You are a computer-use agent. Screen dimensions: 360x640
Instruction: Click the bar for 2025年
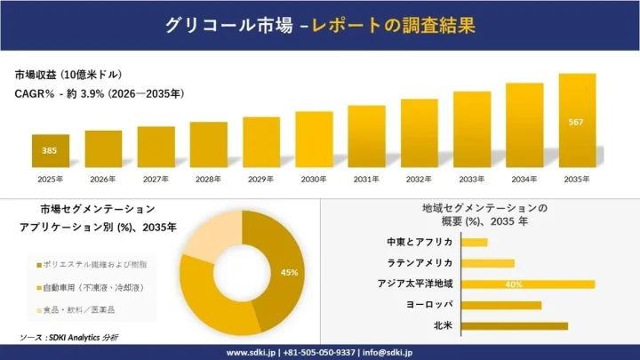pos(51,150)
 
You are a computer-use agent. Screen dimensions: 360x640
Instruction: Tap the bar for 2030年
pos(313,139)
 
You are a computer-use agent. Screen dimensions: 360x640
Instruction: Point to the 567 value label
pos(576,122)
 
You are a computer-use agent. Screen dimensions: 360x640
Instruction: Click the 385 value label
pos(51,151)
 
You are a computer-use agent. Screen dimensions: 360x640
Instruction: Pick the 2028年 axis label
pos(208,179)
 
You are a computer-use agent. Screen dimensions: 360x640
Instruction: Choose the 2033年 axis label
pos(471,179)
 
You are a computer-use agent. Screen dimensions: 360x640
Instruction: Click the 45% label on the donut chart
pos(289,272)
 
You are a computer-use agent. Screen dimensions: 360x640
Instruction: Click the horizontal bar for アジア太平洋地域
pos(529,284)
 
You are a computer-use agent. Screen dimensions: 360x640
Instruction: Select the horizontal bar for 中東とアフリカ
pos(475,243)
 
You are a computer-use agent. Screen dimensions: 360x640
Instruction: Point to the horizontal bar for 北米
pos(515,326)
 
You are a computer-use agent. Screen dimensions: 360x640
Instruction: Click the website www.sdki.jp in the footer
pos(249,352)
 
